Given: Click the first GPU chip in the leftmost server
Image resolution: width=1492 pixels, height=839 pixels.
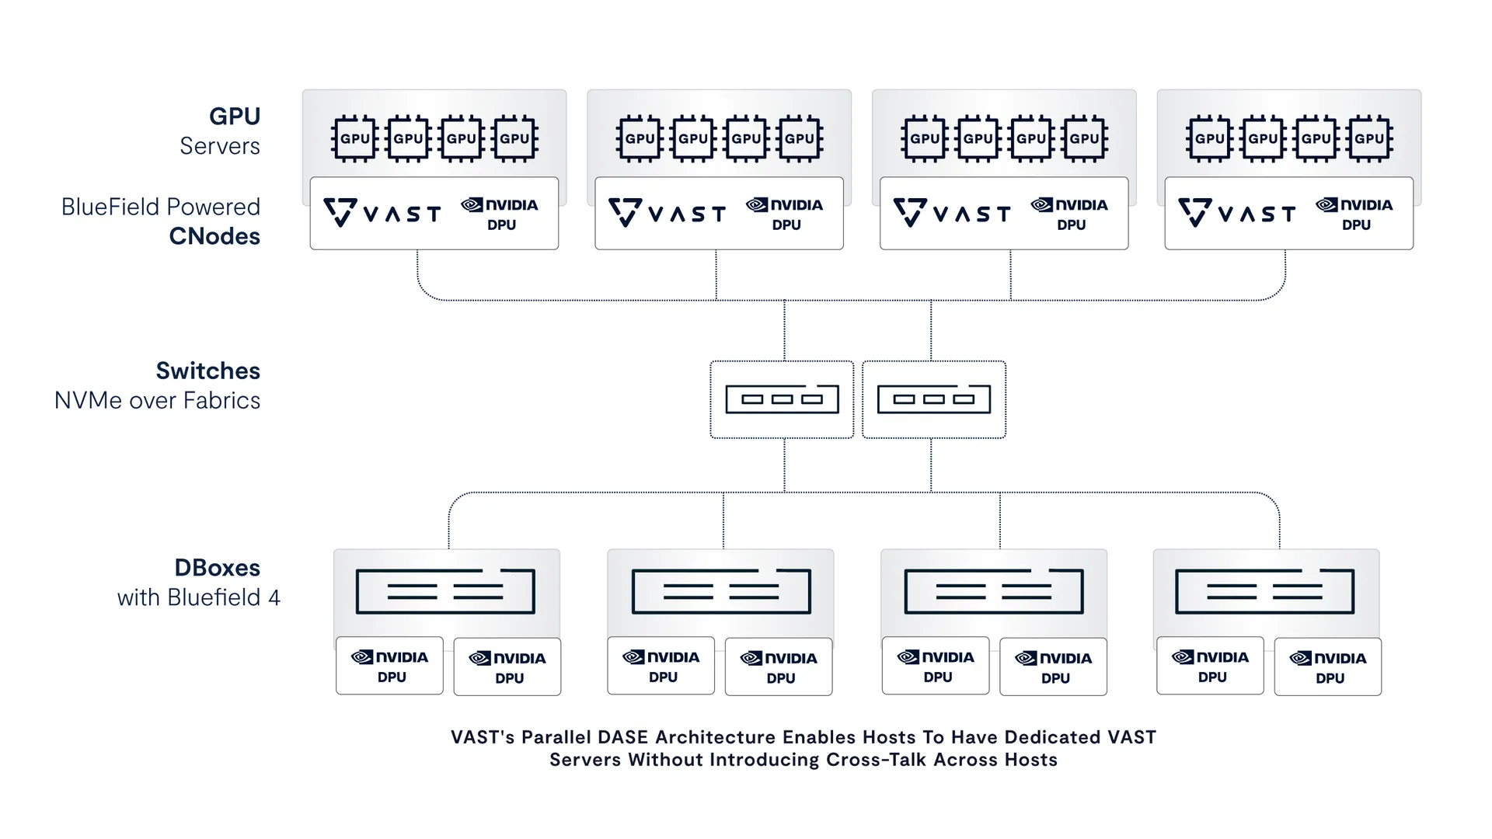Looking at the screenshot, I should (354, 139).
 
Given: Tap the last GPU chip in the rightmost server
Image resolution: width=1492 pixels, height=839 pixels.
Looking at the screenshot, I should (1369, 139).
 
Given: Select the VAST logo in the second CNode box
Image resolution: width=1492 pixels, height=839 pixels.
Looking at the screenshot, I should (667, 212).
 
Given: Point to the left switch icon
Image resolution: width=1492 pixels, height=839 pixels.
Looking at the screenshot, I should (782, 399).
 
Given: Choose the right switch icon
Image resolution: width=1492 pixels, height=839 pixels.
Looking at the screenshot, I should (933, 399).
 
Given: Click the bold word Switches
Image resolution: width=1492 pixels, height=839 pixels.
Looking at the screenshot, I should (207, 371).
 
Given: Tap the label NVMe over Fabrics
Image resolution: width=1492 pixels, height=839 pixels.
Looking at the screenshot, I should (157, 401).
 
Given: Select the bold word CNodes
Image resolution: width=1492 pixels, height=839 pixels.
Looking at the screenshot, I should (214, 236).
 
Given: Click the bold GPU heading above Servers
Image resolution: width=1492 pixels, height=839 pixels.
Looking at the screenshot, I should (235, 117).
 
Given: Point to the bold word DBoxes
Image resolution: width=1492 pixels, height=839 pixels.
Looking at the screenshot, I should (217, 568).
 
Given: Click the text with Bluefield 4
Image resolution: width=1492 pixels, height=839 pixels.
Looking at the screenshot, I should (198, 597).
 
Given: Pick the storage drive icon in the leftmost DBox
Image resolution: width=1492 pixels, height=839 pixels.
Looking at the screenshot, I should (445, 591).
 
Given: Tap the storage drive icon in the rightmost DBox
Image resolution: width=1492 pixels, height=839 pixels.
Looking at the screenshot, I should (1264, 591).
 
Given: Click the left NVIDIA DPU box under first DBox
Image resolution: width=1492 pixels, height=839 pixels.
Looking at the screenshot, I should (389, 666).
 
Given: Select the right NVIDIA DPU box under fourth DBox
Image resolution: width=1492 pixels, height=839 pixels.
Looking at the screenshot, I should (1327, 667).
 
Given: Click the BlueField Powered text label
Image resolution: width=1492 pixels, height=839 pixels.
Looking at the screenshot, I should (161, 207).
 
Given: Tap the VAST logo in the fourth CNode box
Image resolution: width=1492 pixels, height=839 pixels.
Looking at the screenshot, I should (1236, 212).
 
